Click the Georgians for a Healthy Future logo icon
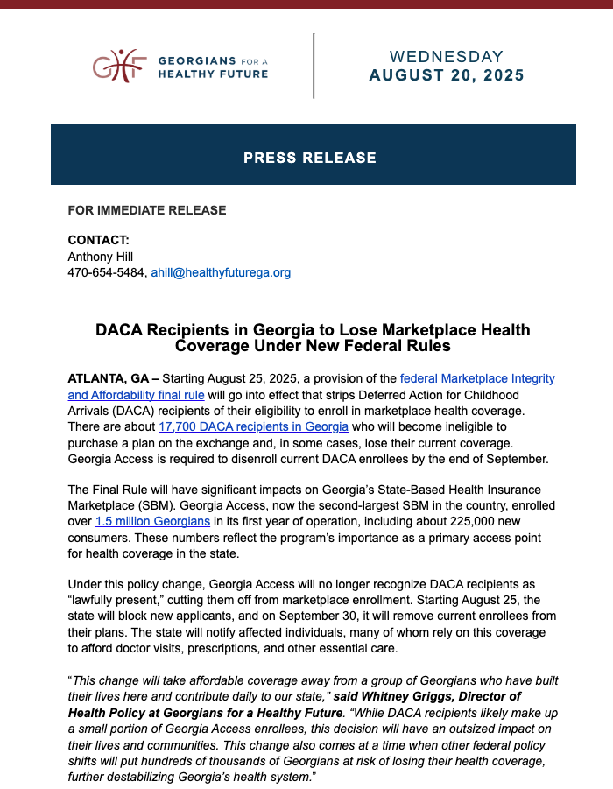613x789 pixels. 117,66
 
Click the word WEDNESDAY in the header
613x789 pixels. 447,57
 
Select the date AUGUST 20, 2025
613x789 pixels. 447,75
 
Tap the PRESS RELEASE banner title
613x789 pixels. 310,159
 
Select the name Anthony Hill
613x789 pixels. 101,257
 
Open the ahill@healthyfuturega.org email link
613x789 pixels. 221,272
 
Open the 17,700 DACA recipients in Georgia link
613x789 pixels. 253,426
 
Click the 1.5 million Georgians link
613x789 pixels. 152,521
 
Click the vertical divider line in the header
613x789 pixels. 313,66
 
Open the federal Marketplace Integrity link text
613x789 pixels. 478,378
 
